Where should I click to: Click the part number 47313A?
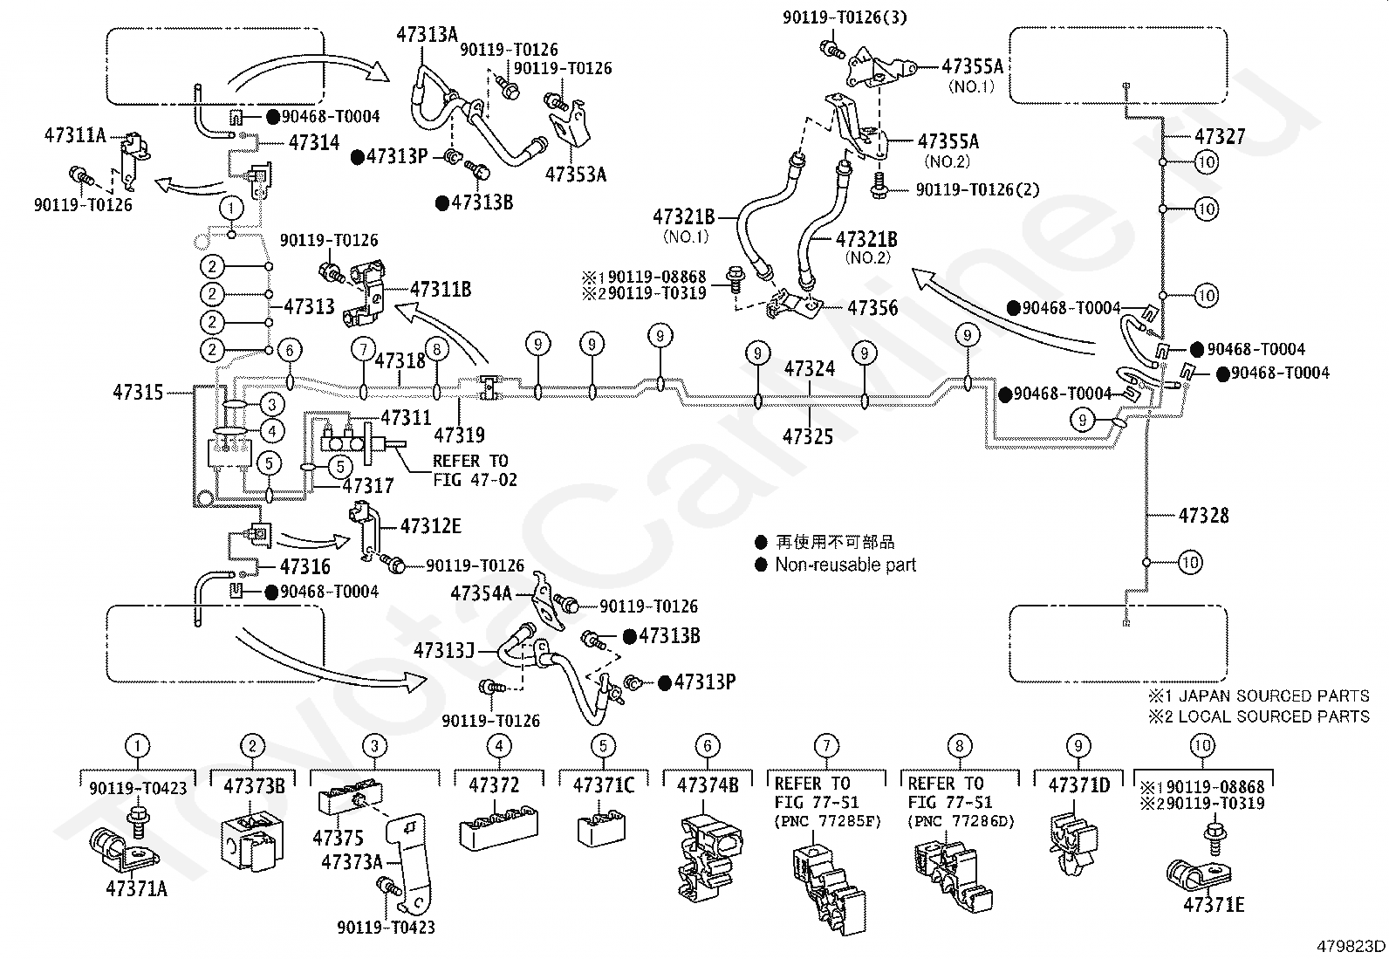tap(427, 34)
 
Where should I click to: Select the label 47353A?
tap(576, 175)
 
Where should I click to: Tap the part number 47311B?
tap(441, 289)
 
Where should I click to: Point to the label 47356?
tap(872, 308)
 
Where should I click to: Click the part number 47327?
tap(1220, 136)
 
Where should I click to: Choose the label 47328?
tap(1203, 516)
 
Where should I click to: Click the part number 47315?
tap(138, 392)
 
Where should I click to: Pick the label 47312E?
tap(431, 526)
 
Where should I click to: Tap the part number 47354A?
tap(482, 593)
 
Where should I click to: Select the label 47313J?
tap(444, 651)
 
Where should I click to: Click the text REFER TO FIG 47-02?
tap(475, 470)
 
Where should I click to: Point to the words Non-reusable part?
tap(845, 565)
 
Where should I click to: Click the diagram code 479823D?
tap(1351, 946)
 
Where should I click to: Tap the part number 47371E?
tap(1214, 905)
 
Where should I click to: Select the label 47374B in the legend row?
tap(708, 785)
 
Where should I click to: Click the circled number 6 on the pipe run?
tap(290, 351)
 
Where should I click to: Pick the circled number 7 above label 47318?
tap(364, 350)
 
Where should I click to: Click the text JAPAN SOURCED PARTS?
tap(1274, 696)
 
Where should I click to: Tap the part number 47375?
tap(338, 838)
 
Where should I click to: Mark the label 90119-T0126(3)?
tap(845, 17)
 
